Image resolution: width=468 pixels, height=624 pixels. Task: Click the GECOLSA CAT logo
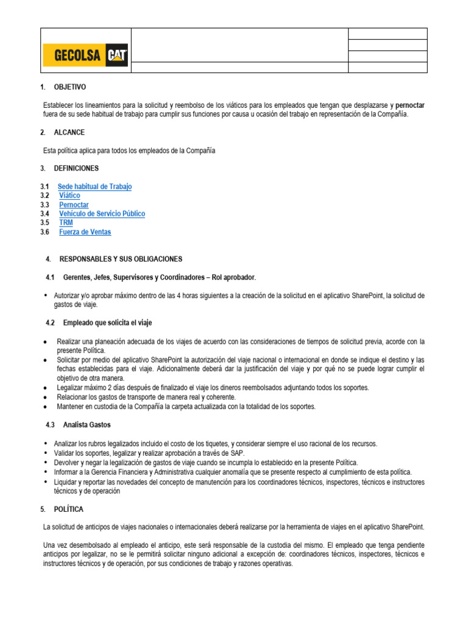coord(85,55)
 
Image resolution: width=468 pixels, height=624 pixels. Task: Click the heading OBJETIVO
coord(71,87)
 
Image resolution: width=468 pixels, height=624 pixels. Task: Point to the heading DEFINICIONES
coord(79,168)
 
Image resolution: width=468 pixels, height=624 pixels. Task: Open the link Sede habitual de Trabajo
coord(94,186)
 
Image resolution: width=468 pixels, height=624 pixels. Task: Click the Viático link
coord(69,196)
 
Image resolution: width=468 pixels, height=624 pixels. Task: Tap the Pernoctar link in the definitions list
coord(74,205)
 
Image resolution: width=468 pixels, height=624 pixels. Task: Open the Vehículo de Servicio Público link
coord(102,214)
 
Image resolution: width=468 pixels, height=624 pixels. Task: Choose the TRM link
coord(66,223)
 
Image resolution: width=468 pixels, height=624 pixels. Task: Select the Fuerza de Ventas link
coord(85,232)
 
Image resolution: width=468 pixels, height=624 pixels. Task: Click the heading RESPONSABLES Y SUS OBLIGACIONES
coord(121,259)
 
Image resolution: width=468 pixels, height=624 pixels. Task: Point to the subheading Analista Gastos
coord(87,425)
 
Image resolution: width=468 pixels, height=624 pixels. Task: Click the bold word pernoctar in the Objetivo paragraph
coord(410,105)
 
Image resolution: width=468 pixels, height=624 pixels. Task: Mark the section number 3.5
coord(44,223)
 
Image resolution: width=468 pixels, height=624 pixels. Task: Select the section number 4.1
coord(51,277)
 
